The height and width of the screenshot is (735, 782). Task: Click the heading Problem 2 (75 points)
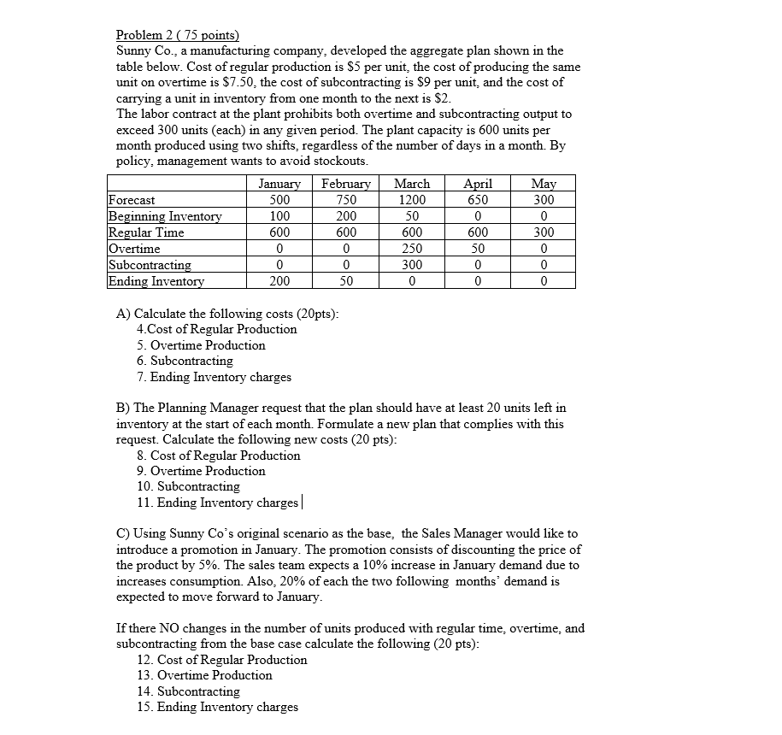pos(178,35)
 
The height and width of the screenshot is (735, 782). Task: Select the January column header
pos(279,184)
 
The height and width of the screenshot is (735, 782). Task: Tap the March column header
pos(412,184)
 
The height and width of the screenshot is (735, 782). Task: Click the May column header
pos(544,184)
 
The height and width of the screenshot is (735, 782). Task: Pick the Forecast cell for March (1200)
pos(412,200)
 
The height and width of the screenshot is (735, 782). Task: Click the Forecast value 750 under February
pos(346,200)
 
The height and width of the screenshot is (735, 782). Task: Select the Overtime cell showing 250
pos(412,249)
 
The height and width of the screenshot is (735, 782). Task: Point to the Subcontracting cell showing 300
pos(412,265)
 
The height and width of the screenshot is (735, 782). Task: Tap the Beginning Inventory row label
pos(165,216)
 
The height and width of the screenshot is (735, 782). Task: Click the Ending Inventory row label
pos(156,281)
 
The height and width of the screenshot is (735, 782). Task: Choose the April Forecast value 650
pos(477,200)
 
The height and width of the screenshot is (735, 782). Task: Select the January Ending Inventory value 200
pos(279,281)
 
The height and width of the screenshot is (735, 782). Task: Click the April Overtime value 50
pos(477,249)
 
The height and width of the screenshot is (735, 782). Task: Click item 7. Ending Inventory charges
pos(214,377)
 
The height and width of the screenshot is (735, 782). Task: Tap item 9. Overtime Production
pos(201,471)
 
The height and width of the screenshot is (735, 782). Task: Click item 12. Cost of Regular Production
pos(221,660)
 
